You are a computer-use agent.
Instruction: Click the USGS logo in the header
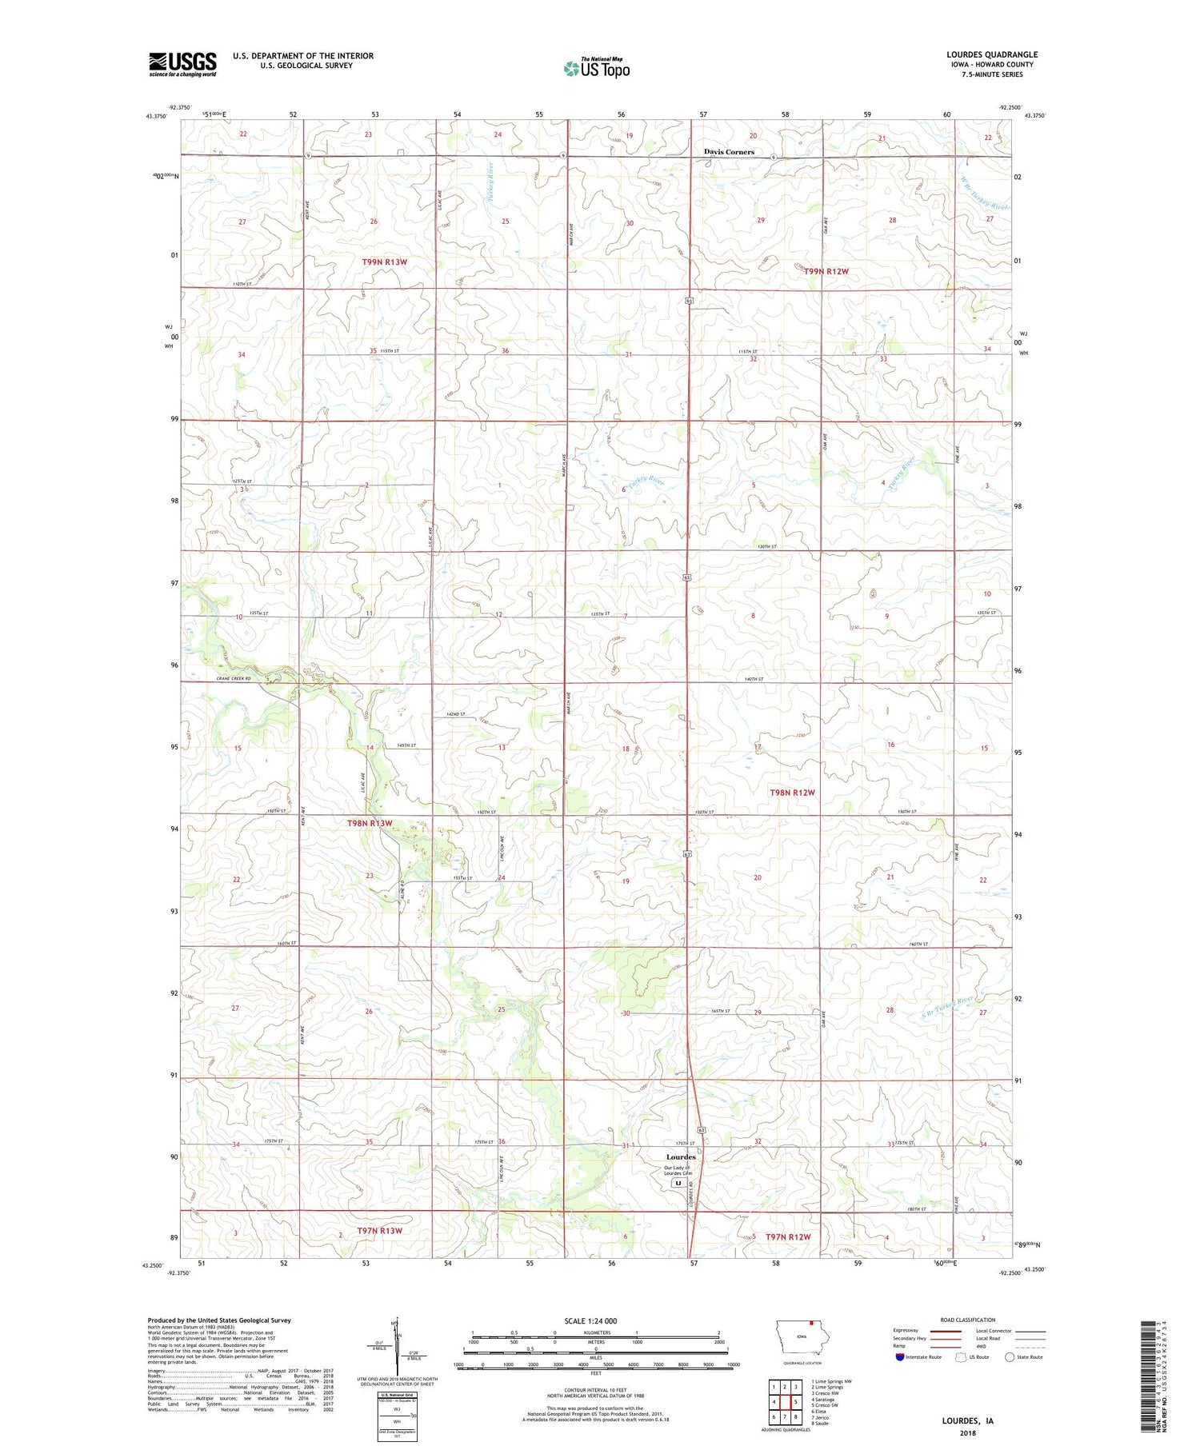point(182,64)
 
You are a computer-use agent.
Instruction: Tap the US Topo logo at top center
point(596,69)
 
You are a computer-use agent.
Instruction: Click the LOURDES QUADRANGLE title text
point(991,54)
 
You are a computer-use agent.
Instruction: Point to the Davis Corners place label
point(729,151)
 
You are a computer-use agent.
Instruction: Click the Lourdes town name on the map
point(681,1156)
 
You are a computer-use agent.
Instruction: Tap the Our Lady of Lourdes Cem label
point(677,1170)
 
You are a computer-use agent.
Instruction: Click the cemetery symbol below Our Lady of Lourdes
point(678,1182)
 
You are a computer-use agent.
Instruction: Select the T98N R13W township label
point(370,823)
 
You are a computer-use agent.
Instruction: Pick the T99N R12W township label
point(826,271)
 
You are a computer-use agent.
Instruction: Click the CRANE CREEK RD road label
point(234,679)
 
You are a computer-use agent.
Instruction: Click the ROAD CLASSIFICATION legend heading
point(968,1320)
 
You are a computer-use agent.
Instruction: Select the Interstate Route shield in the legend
point(900,1356)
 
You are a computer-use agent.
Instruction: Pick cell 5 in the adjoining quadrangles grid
point(796,1402)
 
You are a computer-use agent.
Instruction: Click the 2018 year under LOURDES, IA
point(967,1433)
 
